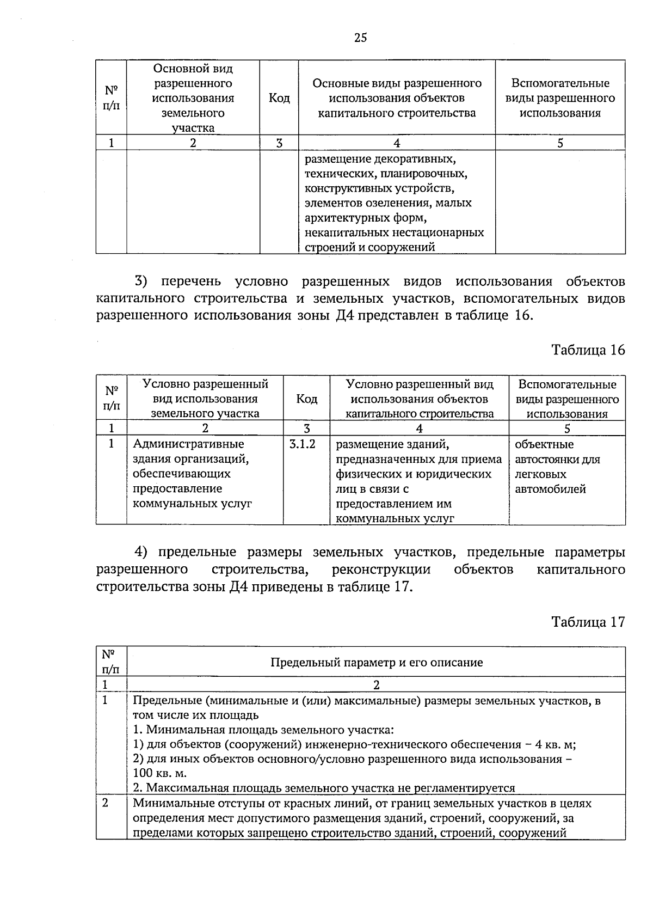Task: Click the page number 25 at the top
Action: pyautogui.click(x=360, y=38)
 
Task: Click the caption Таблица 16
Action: pyautogui.click(x=588, y=350)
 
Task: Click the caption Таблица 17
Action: pyautogui.click(x=588, y=621)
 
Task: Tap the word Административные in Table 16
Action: pyautogui.click(x=188, y=444)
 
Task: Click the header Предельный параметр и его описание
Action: pyautogui.click(x=377, y=662)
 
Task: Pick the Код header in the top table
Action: pyautogui.click(x=279, y=98)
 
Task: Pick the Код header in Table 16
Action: pyautogui.click(x=306, y=399)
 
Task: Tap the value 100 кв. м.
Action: pyautogui.click(x=159, y=773)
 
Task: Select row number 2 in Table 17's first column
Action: pyautogui.click(x=105, y=803)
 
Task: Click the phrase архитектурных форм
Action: pyautogui.click(x=365, y=218)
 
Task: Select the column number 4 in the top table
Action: pyautogui.click(x=397, y=143)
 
